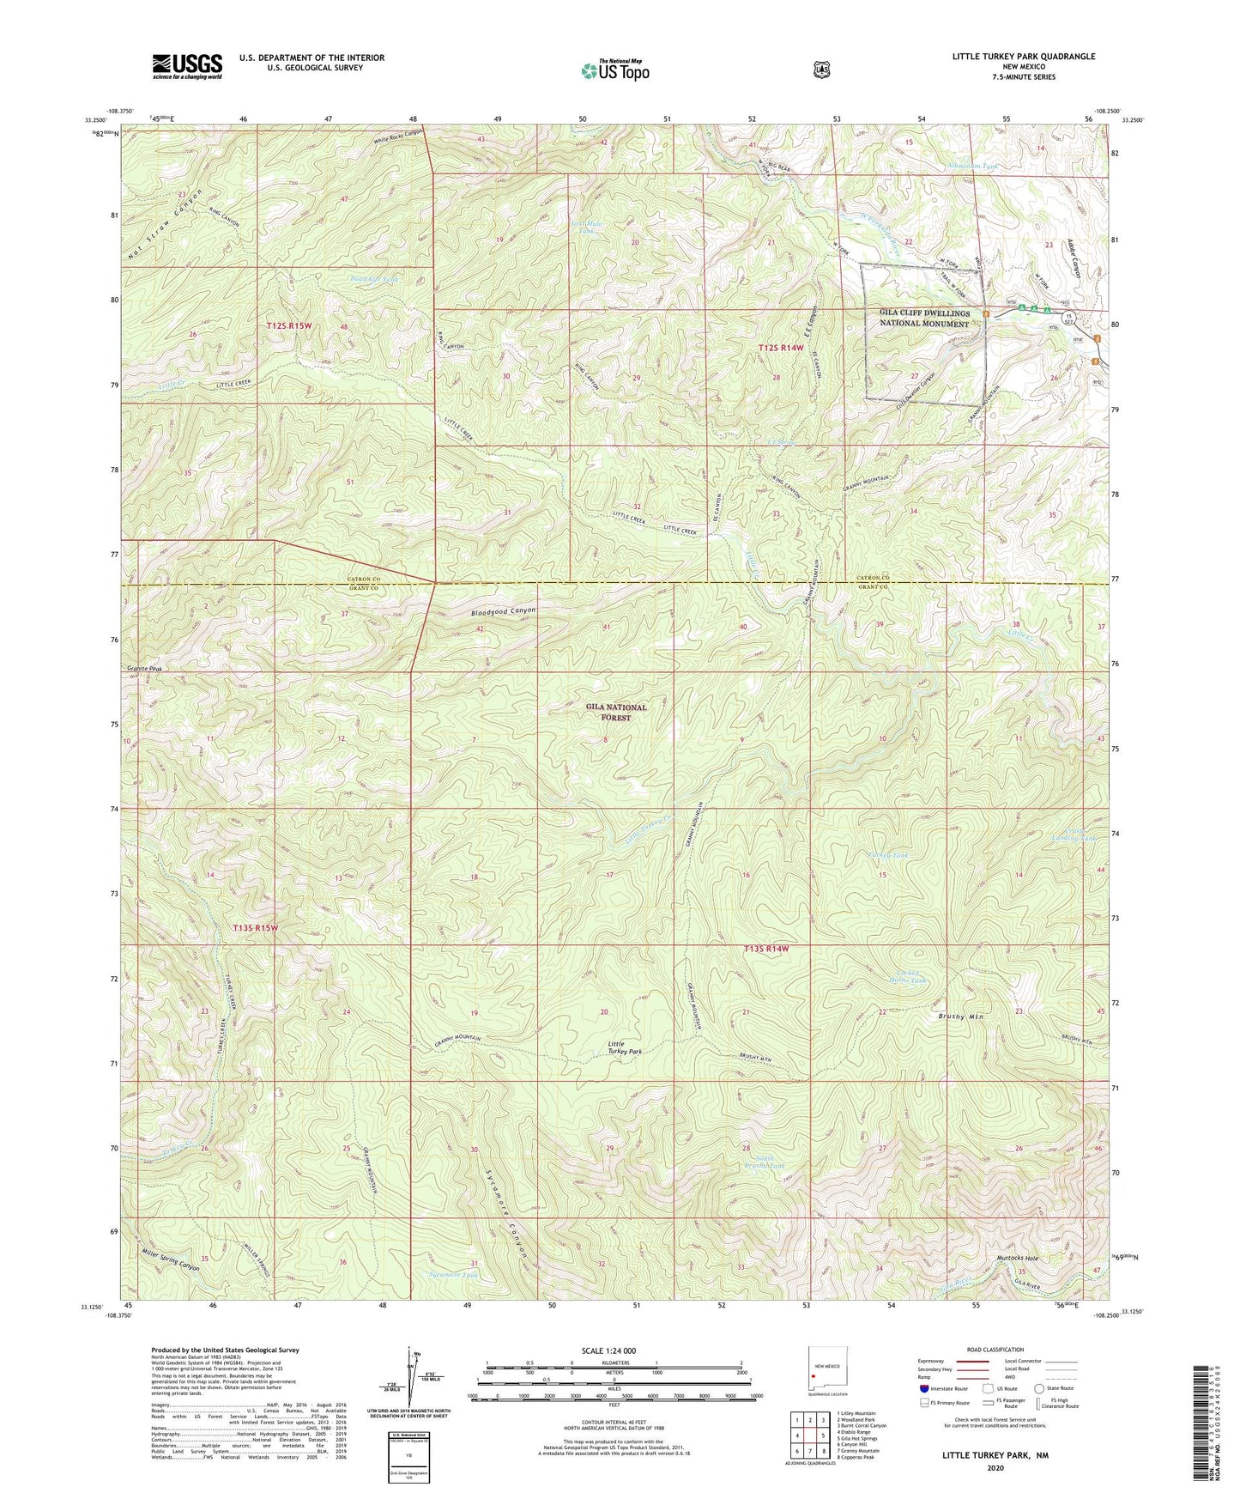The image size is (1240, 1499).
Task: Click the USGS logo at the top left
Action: pyautogui.click(x=187, y=65)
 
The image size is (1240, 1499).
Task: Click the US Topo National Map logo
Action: pyautogui.click(x=614, y=70)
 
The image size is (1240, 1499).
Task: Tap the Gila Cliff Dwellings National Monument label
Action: pyautogui.click(x=922, y=318)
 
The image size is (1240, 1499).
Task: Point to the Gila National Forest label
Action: pyautogui.click(x=616, y=712)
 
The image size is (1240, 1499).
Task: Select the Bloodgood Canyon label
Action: pyautogui.click(x=504, y=612)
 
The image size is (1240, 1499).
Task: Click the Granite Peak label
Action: pyautogui.click(x=143, y=667)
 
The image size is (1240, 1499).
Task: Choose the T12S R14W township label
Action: pyautogui.click(x=781, y=347)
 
